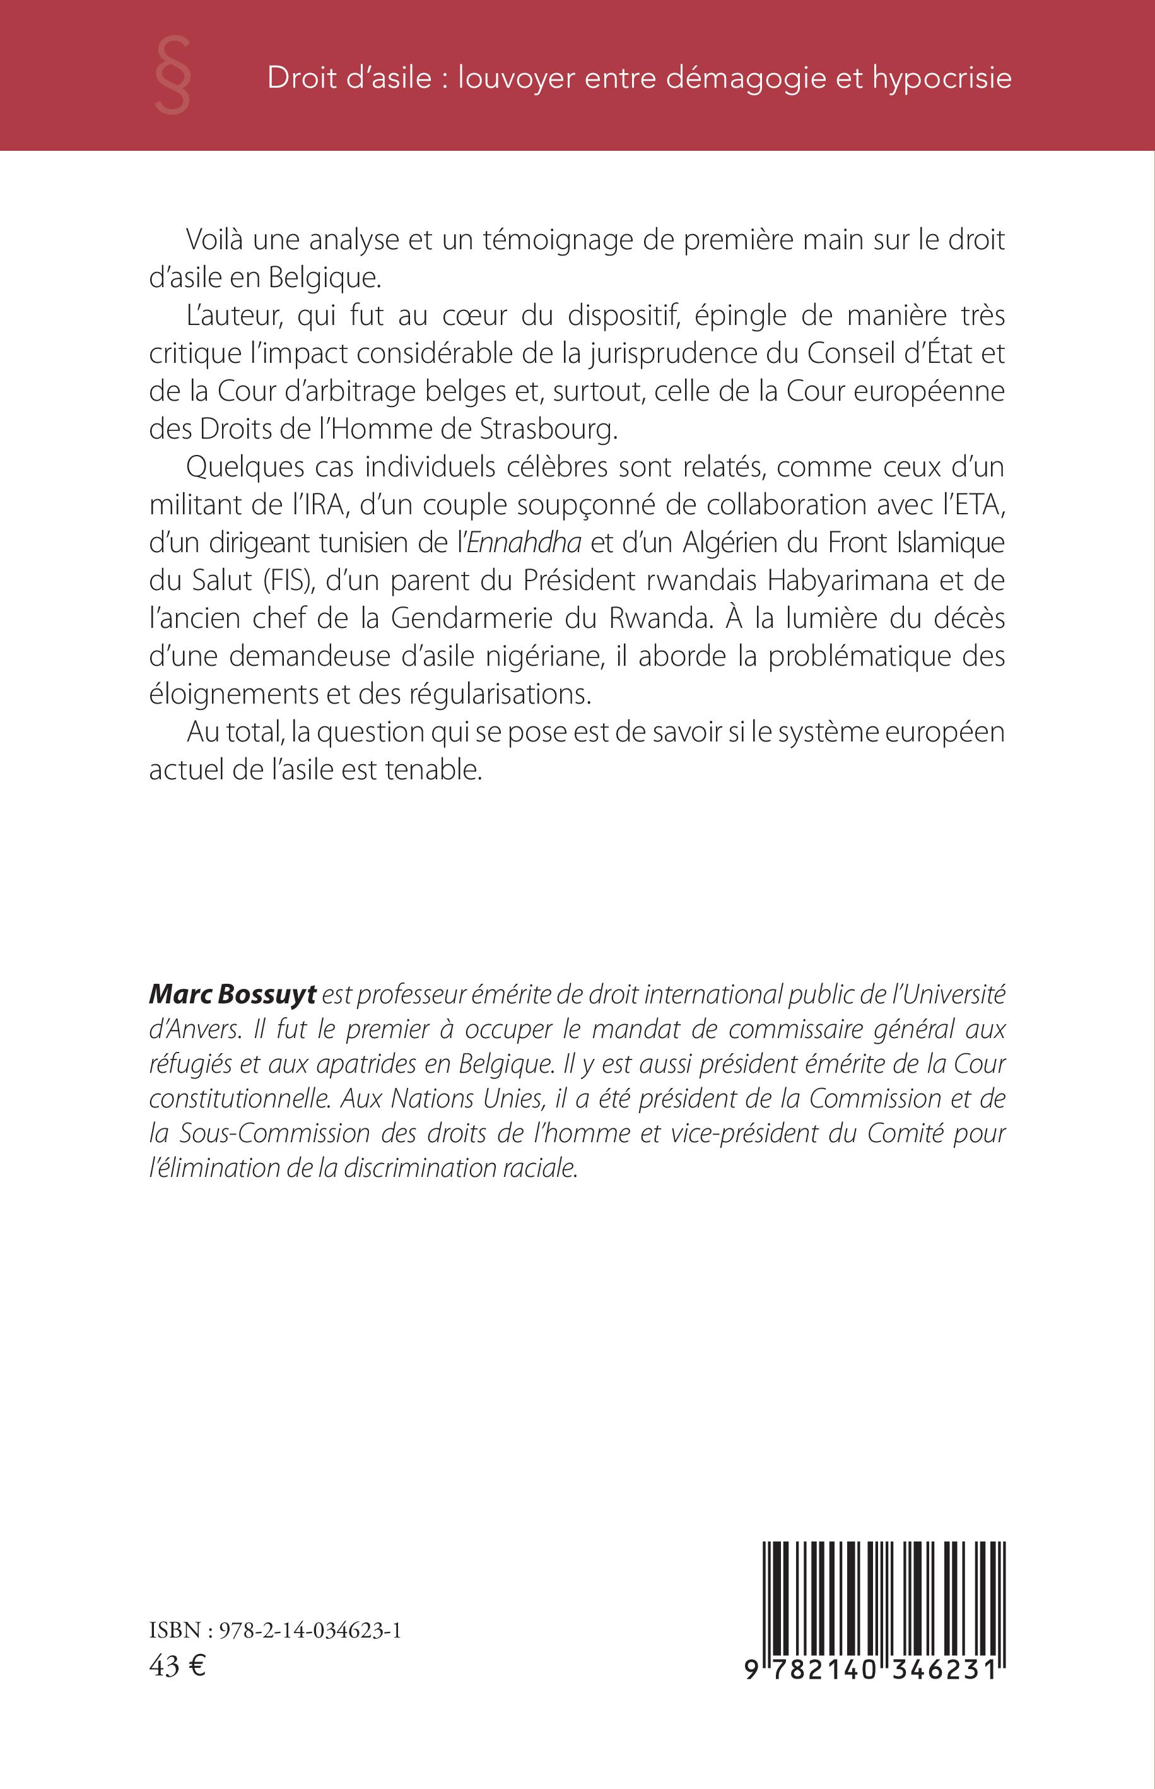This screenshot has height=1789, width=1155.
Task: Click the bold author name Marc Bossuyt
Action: [233, 995]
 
